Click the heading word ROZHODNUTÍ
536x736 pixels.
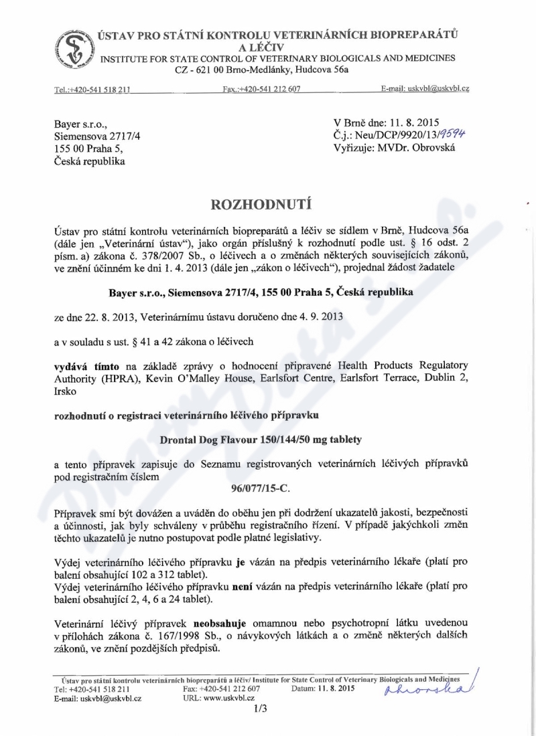(267, 202)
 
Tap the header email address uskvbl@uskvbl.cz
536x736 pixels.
(435, 88)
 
